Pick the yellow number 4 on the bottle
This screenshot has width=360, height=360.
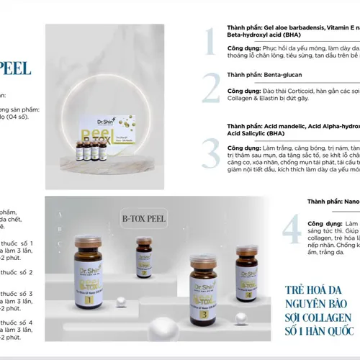click(x=249, y=294)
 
